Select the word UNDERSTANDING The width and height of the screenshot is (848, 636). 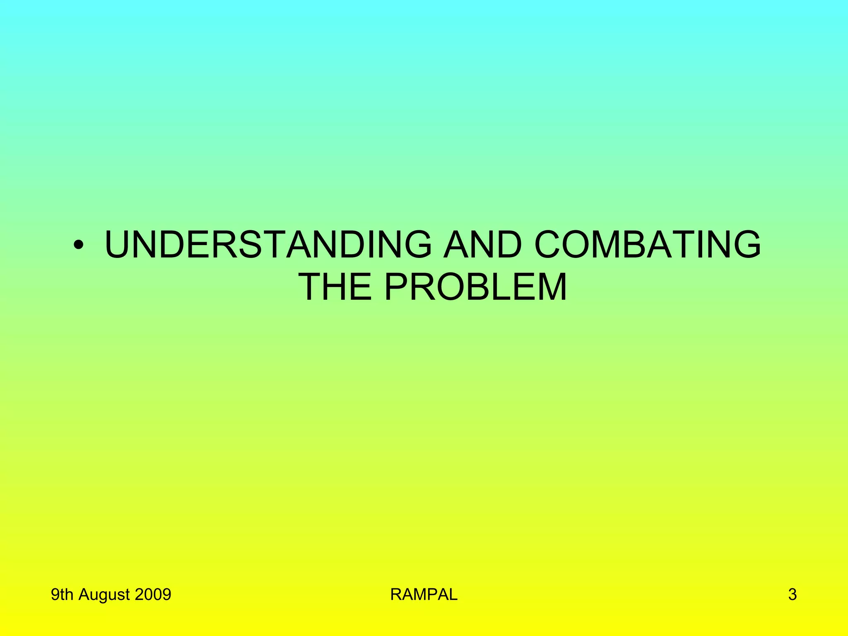click(268, 245)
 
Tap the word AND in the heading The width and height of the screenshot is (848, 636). click(483, 245)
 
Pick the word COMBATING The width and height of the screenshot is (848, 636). click(648, 245)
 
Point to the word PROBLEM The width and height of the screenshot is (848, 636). click(475, 287)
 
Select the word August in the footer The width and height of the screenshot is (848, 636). click(104, 595)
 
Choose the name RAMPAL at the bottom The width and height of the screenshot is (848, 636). click(424, 595)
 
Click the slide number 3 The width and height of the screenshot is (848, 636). click(792, 595)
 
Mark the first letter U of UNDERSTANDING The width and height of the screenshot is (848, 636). click(120, 245)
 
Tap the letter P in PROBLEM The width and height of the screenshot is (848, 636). click(397, 287)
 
